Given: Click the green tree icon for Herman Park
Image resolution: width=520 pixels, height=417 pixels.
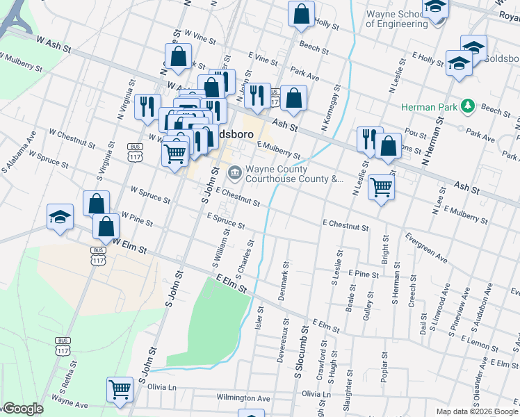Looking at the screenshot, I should point(469,106).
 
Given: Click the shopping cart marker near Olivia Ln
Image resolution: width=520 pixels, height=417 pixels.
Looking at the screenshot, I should point(120,390).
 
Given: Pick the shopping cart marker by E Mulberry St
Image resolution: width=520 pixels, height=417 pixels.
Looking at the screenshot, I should point(381,186).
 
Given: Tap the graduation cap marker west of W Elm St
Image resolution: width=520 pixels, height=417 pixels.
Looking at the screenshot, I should point(60,217).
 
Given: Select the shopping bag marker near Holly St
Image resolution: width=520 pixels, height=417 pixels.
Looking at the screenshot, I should point(301,15).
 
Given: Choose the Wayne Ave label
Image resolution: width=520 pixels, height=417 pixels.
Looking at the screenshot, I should point(70,402).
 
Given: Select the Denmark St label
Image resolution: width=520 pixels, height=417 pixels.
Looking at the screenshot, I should point(284,281).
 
